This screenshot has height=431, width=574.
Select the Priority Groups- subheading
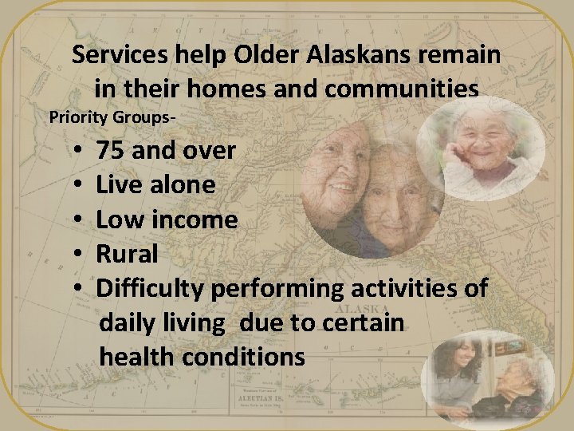[112, 117]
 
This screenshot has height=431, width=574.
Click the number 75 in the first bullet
[111, 150]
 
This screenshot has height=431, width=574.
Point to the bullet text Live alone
[155, 185]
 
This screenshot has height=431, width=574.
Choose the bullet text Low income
[167, 219]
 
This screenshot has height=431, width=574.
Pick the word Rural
[127, 255]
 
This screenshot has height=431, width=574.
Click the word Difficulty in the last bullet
[151, 289]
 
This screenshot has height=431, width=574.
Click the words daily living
[163, 323]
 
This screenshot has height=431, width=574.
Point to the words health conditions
[202, 357]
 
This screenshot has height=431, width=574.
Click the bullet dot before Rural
[81, 255]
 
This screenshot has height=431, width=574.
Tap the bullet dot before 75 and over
[81, 150]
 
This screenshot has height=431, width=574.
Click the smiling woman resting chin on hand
[482, 148]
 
